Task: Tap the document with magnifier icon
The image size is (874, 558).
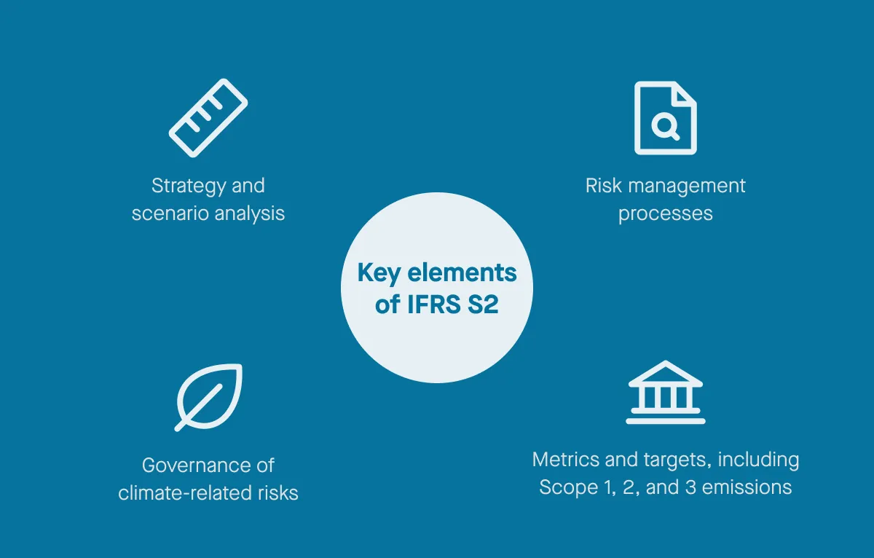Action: point(665,118)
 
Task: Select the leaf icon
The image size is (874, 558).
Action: point(209,396)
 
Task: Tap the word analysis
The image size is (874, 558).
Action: point(248,213)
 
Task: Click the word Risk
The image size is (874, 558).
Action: point(602,186)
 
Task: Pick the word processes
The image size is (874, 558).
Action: point(665,213)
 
